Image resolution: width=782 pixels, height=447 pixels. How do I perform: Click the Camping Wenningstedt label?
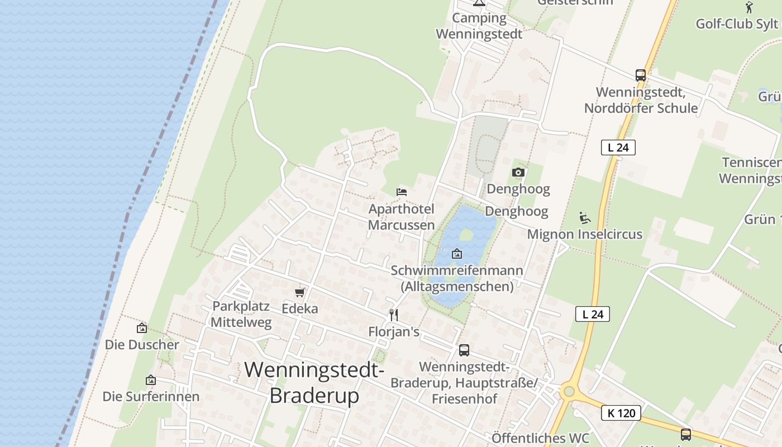pos(479,26)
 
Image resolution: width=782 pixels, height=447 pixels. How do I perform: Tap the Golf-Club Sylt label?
pos(736,23)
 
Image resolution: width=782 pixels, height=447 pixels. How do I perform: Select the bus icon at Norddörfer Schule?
pos(641,75)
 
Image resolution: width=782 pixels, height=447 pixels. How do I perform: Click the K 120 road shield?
pos(621,413)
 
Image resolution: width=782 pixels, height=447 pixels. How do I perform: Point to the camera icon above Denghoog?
pos(518,172)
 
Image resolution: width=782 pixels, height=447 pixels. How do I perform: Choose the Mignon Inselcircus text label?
pos(585,234)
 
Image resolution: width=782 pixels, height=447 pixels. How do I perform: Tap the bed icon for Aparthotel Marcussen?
pos(402,192)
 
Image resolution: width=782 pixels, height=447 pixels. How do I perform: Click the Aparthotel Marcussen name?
pos(401,217)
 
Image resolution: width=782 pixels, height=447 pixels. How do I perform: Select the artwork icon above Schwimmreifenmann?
pos(457,254)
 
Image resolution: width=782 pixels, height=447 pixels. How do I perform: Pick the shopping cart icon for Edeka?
pos(300,292)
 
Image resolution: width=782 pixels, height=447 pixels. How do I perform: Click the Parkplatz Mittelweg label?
pos(241,314)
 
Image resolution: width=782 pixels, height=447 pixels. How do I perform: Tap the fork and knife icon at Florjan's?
pos(394,315)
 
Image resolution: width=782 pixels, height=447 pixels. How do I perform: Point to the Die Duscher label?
pos(142,345)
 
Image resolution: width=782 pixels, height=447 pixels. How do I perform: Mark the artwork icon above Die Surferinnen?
pos(151,381)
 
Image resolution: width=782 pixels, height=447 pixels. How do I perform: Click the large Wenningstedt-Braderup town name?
pos(314,382)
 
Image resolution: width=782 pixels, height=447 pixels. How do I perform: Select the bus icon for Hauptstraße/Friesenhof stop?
pos(464,350)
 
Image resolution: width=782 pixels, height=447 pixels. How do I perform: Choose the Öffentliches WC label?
pos(540,438)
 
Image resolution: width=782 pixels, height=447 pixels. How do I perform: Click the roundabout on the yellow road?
pos(569,391)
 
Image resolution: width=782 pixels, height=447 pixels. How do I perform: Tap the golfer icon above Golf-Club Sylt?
pos(749,7)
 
